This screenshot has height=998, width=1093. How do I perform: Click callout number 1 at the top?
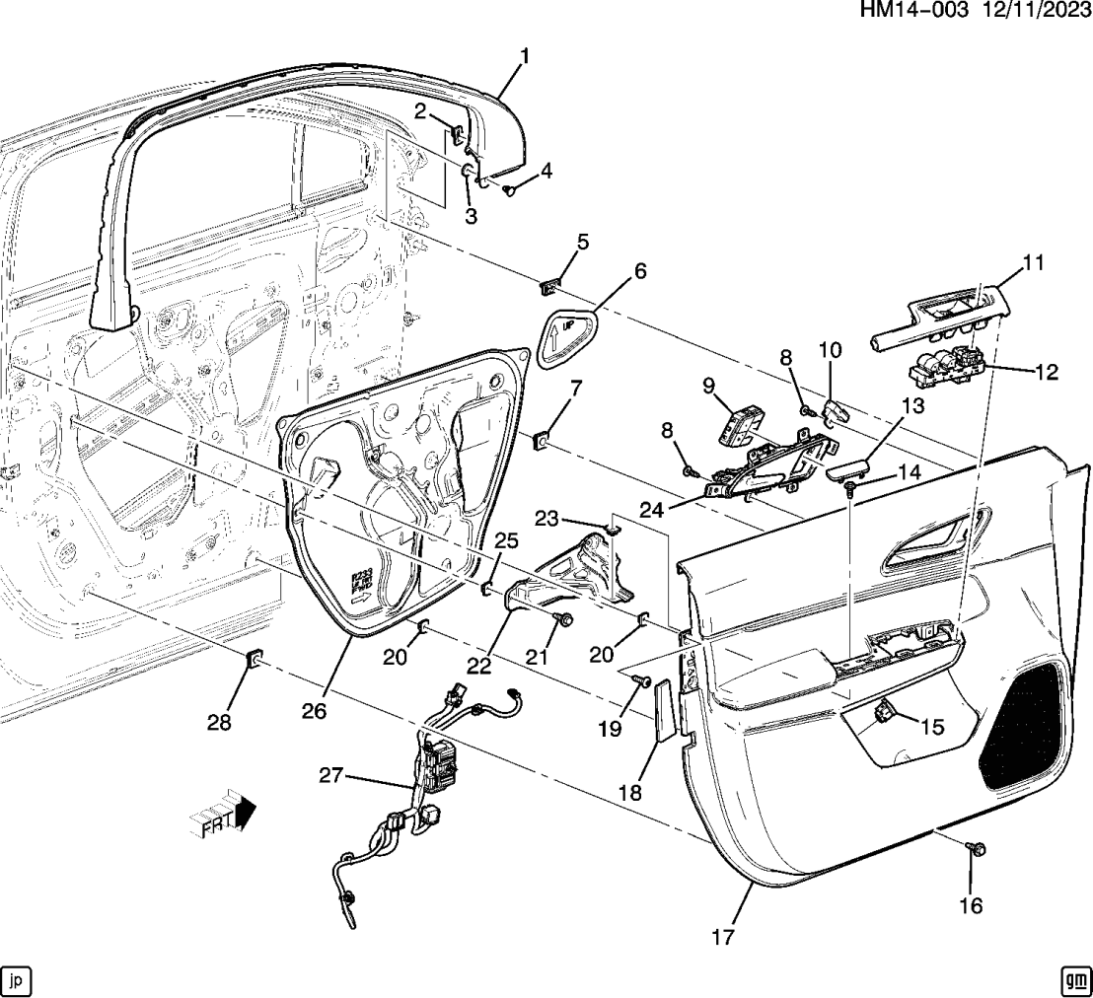(x=525, y=56)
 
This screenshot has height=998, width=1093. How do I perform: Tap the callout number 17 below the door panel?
(x=723, y=937)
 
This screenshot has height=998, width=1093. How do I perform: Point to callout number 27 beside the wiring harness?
(x=330, y=776)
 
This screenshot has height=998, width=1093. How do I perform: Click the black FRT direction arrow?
(x=244, y=811)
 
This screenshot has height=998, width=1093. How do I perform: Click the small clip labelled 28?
(x=254, y=658)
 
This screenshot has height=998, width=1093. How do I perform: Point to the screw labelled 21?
(x=566, y=620)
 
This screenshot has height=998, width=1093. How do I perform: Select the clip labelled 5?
(x=550, y=287)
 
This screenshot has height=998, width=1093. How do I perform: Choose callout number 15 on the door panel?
(x=931, y=727)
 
